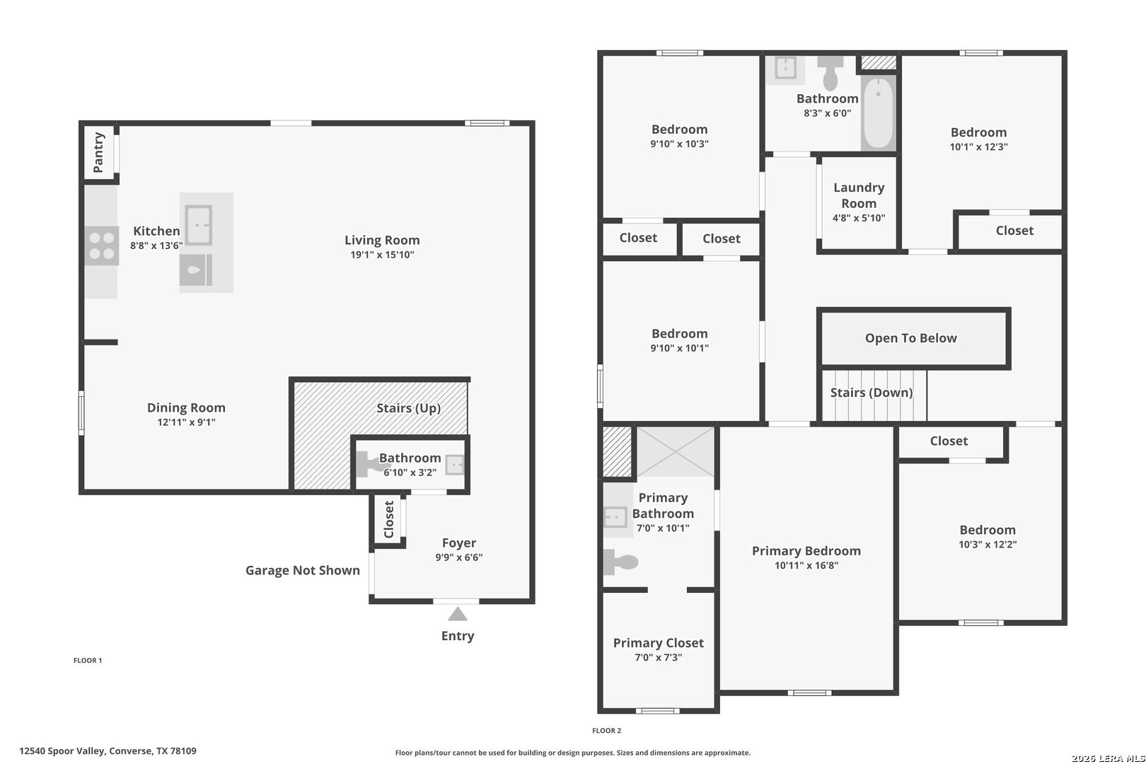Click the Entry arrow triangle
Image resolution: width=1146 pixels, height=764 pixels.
458,614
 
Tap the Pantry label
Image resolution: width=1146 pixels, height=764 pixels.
98,152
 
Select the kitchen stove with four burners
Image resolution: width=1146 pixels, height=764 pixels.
102,245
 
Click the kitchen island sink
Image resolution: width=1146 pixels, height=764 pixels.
198,225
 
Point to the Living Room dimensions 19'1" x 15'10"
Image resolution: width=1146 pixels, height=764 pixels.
382,255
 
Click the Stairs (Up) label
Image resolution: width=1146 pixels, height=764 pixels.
408,408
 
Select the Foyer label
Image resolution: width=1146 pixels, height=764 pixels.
459,543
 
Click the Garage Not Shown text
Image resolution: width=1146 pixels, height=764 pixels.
302,570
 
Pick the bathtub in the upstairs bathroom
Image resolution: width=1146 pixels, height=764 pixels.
879,113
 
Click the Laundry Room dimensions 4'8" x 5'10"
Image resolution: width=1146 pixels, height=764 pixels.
859,218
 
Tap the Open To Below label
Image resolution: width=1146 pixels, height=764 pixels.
910,337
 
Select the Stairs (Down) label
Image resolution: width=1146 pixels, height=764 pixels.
872,393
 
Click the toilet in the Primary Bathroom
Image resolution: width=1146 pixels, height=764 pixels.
620,562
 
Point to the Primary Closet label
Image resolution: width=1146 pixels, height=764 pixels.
659,643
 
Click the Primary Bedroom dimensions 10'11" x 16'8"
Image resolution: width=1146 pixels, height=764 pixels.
806,565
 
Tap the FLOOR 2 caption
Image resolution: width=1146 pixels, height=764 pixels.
607,730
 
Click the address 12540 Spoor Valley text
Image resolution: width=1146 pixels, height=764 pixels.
62,751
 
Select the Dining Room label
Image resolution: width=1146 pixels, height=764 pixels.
186,407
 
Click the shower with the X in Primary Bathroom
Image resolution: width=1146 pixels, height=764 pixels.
676,452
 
